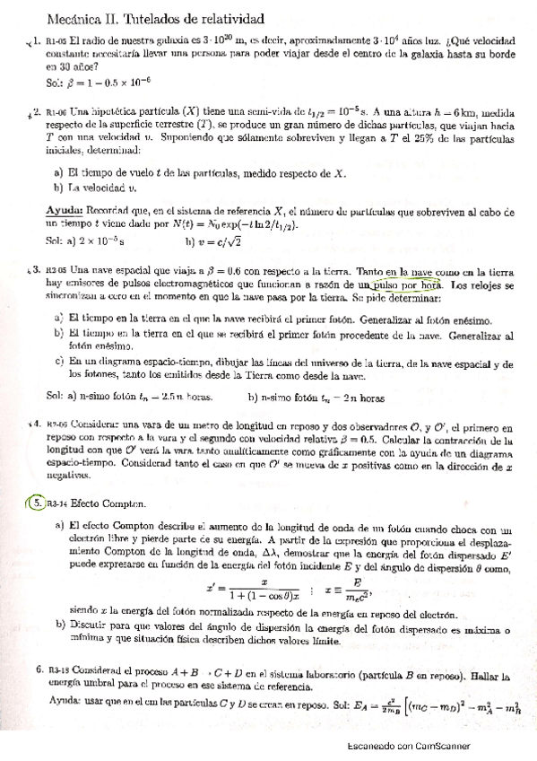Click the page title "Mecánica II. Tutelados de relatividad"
pos(153,17)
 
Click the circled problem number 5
pos(35,503)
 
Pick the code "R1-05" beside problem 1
pos(56,41)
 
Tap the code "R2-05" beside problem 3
pos(56,270)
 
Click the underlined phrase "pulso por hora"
pos(408,285)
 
